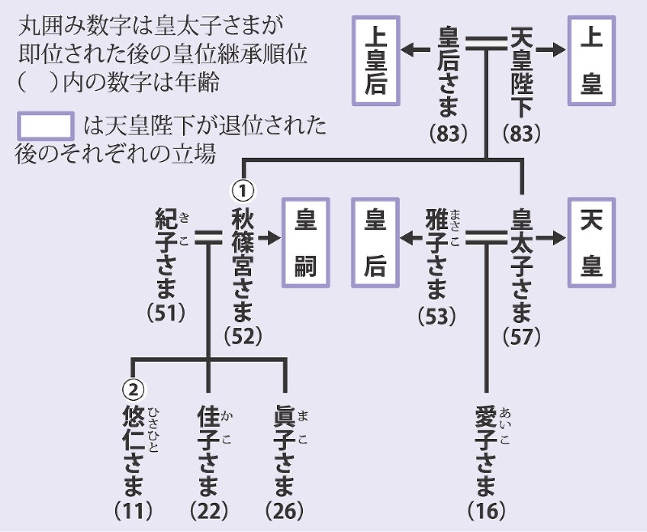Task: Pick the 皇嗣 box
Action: tap(304, 242)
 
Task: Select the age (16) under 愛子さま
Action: tap(487, 511)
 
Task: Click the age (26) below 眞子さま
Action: tap(284, 511)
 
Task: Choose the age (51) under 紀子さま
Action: tap(168, 312)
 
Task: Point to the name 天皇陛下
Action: tap(520, 73)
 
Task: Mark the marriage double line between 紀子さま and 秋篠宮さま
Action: tap(209, 238)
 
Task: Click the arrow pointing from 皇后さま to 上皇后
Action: tap(419, 50)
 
